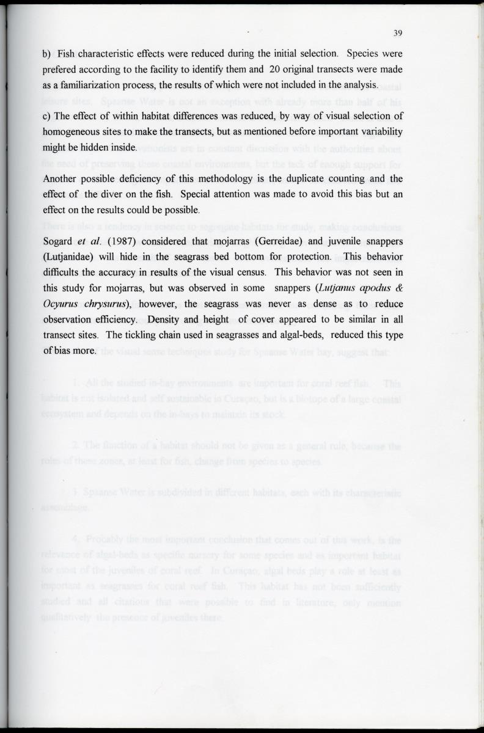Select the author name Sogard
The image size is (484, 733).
[59, 239]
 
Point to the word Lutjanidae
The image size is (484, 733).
[67, 255]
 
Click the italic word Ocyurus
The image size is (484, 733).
[61, 303]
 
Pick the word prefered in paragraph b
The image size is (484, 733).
[61, 69]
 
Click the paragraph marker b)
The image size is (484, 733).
[46, 53]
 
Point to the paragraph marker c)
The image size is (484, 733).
[46, 116]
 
